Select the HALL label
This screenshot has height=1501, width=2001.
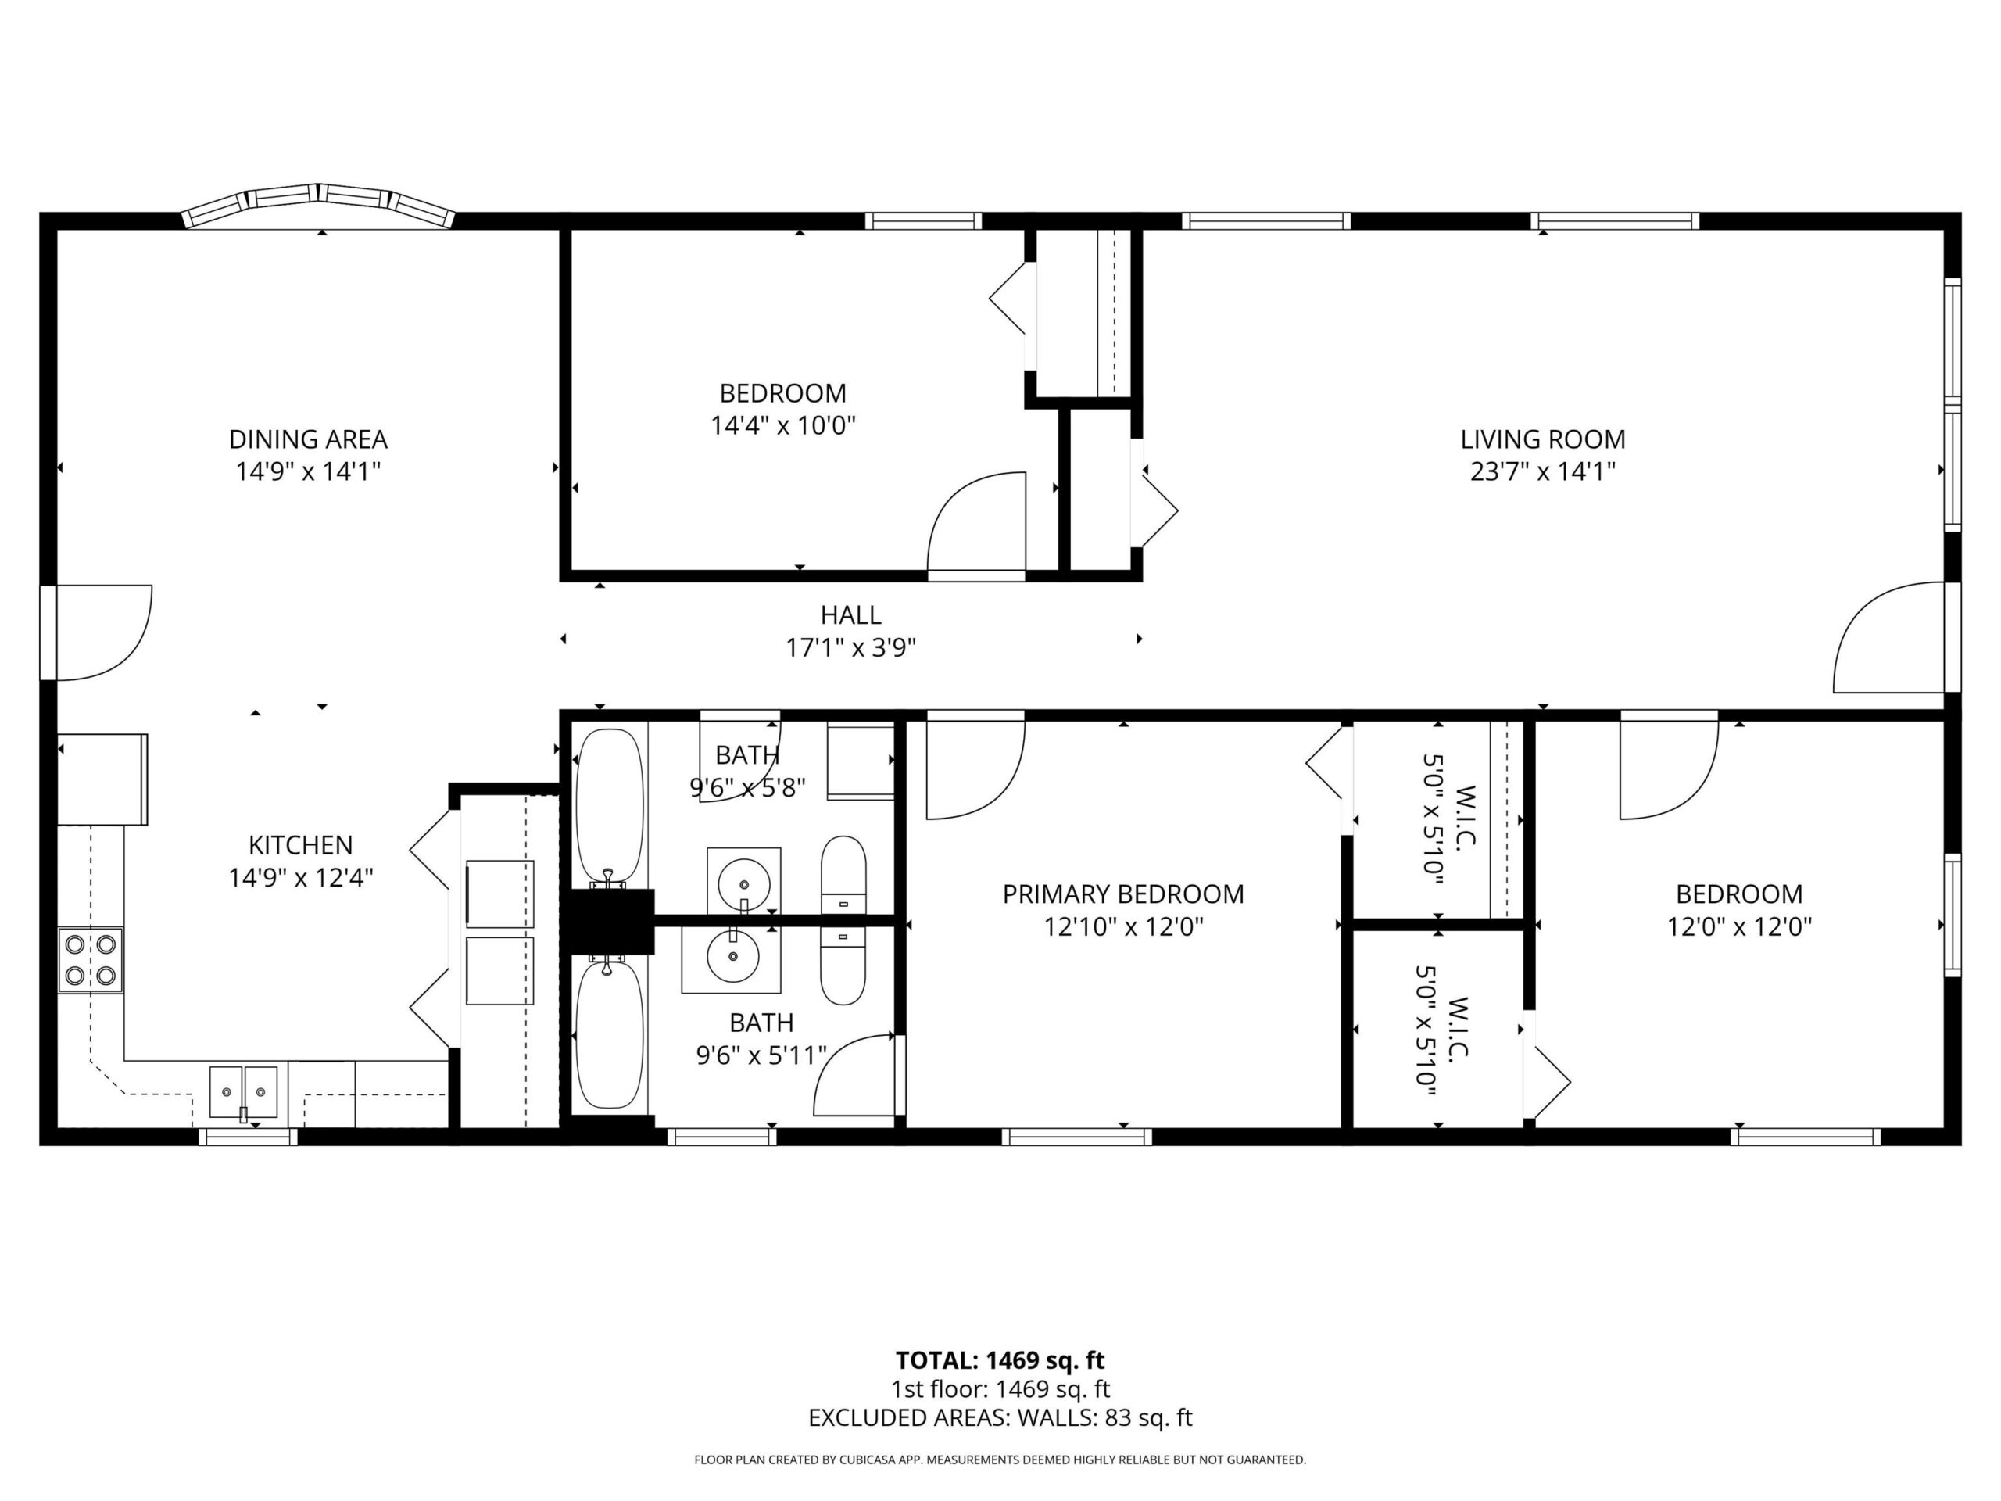(x=850, y=615)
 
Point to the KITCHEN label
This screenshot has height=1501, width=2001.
(x=300, y=845)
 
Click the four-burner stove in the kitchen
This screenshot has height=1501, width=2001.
(x=91, y=960)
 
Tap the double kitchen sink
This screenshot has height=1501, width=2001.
(x=243, y=1091)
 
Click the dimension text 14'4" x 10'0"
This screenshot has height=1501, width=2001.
(x=782, y=425)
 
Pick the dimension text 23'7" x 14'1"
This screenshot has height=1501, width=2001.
(x=1542, y=471)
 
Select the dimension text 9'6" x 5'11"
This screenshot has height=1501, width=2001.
(x=761, y=1055)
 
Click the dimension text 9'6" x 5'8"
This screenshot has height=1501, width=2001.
(x=747, y=787)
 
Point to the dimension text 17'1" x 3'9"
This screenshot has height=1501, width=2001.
(x=850, y=648)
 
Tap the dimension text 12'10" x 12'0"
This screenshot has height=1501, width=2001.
(x=1122, y=926)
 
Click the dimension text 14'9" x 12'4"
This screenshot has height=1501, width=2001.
(x=300, y=878)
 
